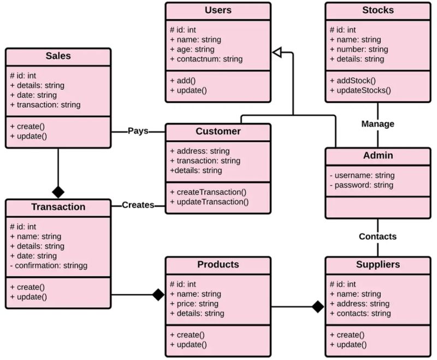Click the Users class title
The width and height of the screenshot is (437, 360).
click(218, 10)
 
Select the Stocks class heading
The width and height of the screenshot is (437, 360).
click(377, 10)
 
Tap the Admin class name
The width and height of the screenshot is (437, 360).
click(377, 156)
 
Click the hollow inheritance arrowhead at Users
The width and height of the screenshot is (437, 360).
click(277, 52)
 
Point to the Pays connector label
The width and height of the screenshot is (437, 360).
click(138, 131)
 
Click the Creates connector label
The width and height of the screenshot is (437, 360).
click(138, 205)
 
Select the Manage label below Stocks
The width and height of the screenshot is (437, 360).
click(377, 124)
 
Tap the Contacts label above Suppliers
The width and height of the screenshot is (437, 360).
click(377, 237)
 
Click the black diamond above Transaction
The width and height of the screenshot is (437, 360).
click(58, 192)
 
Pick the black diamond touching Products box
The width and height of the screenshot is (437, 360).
click(158, 295)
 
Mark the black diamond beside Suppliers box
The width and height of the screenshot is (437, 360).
click(317, 306)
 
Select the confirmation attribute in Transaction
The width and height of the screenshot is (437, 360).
click(49, 266)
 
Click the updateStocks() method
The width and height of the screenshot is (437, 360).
click(361, 90)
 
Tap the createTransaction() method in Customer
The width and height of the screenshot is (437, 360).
click(208, 192)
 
